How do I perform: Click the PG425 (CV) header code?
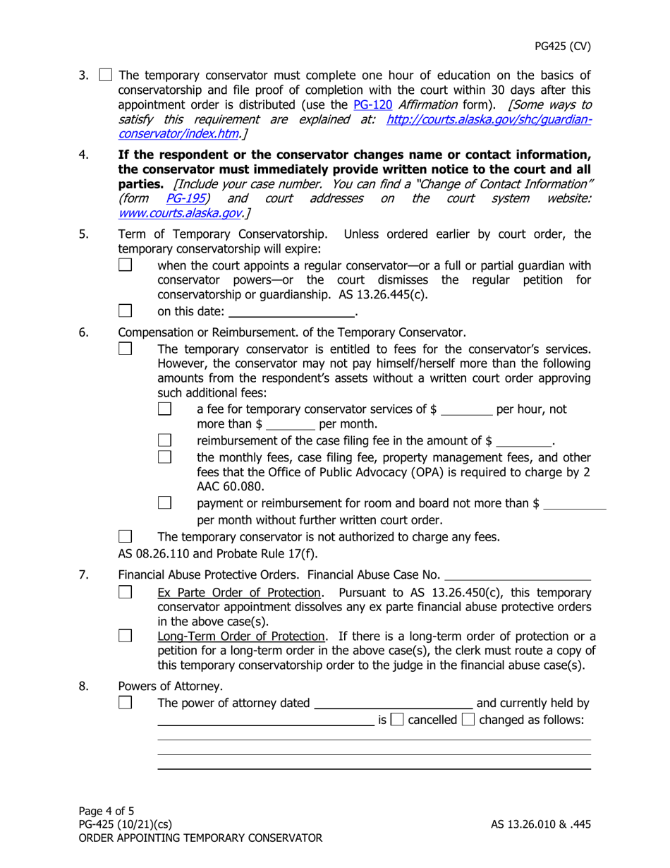pos(561,47)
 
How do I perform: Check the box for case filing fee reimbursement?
pos(164,442)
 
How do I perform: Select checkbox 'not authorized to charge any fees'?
pos(125,536)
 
